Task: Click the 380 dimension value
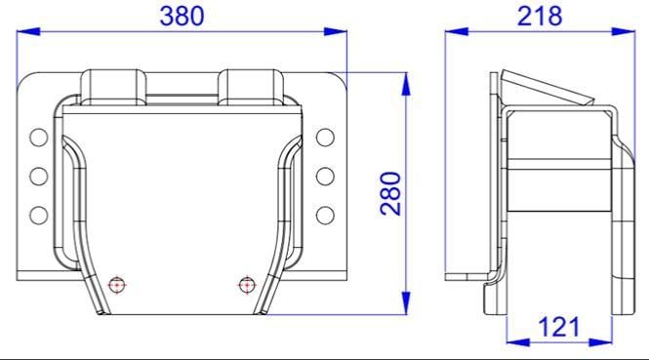(182, 17)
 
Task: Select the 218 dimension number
(540, 17)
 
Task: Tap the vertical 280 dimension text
(390, 193)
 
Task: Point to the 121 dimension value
(559, 327)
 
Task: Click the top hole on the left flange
(39, 138)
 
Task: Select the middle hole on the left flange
(39, 177)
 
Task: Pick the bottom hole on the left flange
(39, 216)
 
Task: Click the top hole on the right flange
(325, 138)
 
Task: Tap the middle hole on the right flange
(325, 177)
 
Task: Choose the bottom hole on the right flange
(325, 216)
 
